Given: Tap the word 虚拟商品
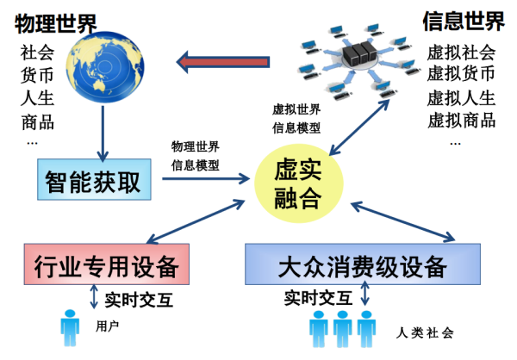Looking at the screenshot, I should click(x=462, y=120).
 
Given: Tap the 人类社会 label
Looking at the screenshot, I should click(x=426, y=332).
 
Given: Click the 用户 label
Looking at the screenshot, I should click(x=107, y=326).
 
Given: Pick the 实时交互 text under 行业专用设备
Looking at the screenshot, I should click(x=135, y=300).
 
